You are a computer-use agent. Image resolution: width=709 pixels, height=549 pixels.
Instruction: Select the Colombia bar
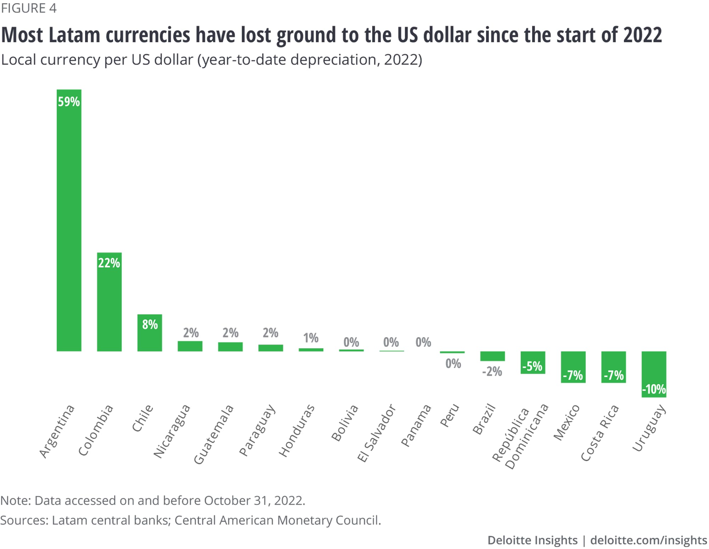click(x=109, y=305)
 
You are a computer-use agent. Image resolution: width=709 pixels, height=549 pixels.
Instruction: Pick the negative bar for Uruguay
click(x=654, y=369)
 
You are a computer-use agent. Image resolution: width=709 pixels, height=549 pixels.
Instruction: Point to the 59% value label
click(x=69, y=102)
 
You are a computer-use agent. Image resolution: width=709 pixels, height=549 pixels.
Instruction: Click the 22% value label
click(x=109, y=263)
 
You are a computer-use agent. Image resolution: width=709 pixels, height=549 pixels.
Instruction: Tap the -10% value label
click(x=654, y=389)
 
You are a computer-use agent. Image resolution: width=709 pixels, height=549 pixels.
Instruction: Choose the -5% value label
click(x=532, y=366)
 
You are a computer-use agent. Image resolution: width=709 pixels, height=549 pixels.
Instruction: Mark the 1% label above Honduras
click(x=311, y=338)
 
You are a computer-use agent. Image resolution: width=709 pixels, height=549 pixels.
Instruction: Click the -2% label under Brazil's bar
click(x=492, y=372)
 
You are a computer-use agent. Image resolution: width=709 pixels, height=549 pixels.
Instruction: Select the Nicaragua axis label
click(x=172, y=431)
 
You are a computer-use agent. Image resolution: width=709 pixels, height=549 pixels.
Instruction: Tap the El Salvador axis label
click(x=376, y=433)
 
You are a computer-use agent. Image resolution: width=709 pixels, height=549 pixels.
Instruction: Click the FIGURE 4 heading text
click(x=29, y=8)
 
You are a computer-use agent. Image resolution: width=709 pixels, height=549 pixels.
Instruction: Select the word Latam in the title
click(x=74, y=35)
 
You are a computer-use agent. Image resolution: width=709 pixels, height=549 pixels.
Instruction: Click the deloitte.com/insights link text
click(x=649, y=540)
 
